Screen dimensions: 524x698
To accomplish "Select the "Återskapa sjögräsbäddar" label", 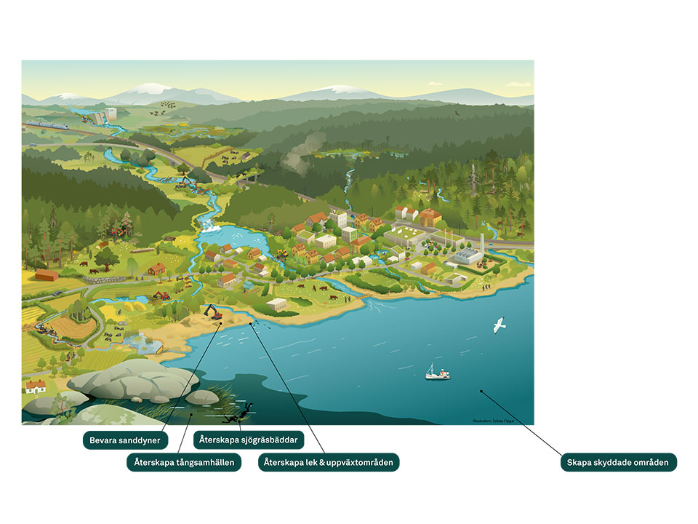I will pos(249,440).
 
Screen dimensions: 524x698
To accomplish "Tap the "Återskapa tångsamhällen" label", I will pos(184,462).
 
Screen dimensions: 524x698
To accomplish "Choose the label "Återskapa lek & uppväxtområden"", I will pos(329,462).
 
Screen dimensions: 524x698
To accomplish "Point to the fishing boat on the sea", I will pos(437,373).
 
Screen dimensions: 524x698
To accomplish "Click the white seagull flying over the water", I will pos(499,325).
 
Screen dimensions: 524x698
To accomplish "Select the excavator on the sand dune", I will pos(214,312).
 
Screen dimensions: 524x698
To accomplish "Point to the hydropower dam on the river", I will pos(101,116).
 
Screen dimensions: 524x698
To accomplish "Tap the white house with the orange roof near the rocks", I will pos(35,386).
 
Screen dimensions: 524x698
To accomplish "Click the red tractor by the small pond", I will pos(161,295).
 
